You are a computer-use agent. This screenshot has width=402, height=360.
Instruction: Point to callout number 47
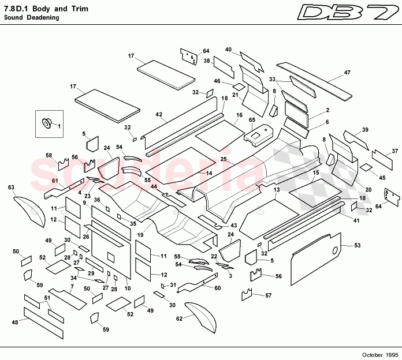[x=347, y=72]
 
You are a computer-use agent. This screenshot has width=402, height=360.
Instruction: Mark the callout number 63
[x=10, y=187]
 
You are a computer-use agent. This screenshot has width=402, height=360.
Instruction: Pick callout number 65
[x=252, y=120]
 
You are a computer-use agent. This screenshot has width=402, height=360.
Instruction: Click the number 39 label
[x=365, y=129]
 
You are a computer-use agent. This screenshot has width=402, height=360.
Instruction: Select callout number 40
[x=228, y=50]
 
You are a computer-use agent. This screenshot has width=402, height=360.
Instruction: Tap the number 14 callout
[x=210, y=173]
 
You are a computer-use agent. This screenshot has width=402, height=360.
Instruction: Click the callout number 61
[x=55, y=182]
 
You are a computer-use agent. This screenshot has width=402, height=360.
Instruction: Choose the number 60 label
[x=218, y=288]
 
